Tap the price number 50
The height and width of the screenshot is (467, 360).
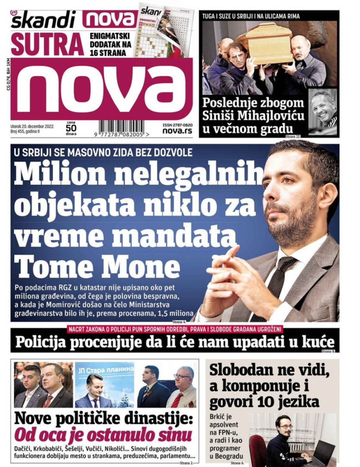point(71,128)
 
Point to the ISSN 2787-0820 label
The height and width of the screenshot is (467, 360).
point(177,124)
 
